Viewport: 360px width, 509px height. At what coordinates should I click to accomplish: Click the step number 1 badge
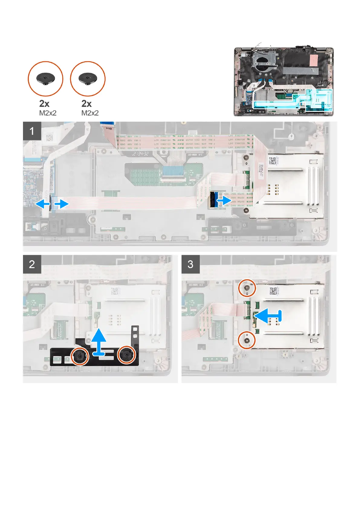click(32, 131)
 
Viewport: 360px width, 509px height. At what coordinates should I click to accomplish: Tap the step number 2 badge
click(32, 264)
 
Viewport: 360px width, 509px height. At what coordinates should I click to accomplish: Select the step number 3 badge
click(190, 264)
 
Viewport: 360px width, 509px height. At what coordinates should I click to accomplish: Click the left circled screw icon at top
click(45, 79)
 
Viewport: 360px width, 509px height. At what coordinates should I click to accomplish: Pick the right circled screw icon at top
click(88, 79)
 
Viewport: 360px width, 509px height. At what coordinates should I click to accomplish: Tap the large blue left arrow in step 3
click(268, 316)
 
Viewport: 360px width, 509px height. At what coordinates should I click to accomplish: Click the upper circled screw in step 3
click(247, 289)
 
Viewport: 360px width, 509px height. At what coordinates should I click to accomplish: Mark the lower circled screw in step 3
click(247, 341)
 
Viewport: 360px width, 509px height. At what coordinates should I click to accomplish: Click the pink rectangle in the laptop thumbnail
click(314, 61)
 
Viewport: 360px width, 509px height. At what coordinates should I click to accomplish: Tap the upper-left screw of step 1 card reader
click(247, 157)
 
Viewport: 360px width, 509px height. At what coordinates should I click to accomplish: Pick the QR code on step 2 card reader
click(115, 291)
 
